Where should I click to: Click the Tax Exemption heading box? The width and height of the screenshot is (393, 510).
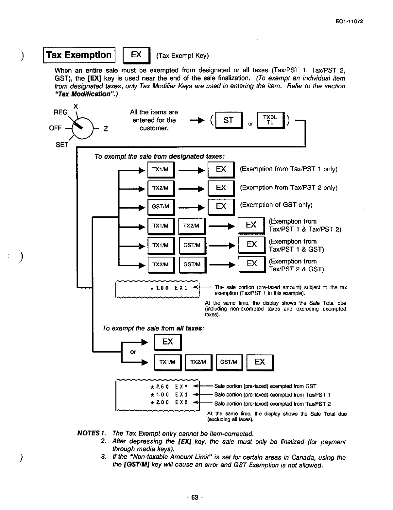(79, 55)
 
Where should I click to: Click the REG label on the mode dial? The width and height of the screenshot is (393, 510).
(60, 112)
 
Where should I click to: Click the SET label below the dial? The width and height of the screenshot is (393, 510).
(62, 144)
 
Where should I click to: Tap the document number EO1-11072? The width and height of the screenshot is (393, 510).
(350, 22)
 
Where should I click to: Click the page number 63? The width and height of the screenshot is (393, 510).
(195, 498)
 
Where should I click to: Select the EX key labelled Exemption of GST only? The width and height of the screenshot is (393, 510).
(221, 206)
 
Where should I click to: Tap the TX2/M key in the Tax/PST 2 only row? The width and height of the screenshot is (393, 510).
(160, 188)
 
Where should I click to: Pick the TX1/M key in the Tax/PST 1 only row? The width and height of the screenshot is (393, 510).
(160, 169)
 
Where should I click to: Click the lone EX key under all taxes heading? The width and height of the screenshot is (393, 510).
(168, 342)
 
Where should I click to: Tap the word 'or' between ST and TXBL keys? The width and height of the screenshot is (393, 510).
(250, 124)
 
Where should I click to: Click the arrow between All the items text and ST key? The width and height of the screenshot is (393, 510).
(194, 121)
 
